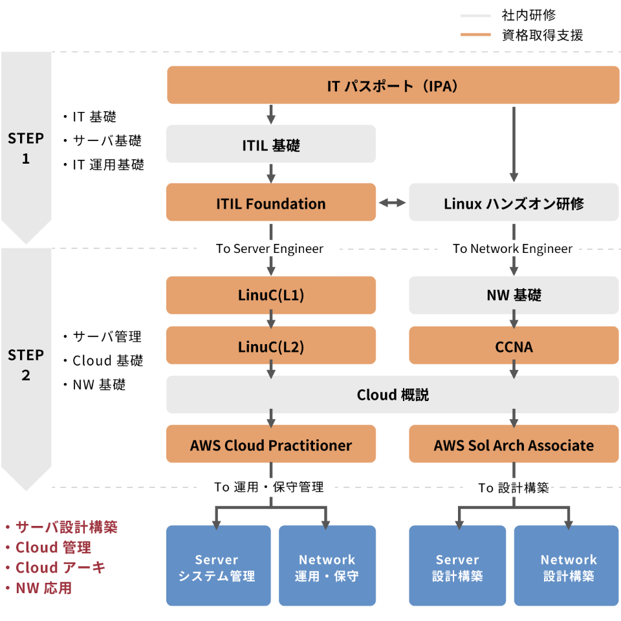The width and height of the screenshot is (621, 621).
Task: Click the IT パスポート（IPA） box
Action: coord(393,85)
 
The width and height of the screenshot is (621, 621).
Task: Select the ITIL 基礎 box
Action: coord(271,144)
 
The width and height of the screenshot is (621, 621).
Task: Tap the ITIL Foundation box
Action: coord(271,202)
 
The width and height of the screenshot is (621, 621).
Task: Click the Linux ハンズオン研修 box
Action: coord(514,202)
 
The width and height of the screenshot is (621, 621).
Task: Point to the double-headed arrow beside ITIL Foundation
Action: coord(392,203)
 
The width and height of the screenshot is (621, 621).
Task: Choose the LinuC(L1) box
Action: coord(271,295)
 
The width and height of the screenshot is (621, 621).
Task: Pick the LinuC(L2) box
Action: coord(271,346)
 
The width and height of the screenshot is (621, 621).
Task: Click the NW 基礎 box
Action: coord(514,295)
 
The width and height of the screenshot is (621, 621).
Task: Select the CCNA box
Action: coord(514,346)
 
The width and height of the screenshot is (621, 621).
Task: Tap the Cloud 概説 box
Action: coord(393,394)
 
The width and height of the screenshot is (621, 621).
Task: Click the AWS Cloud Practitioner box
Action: coord(271,444)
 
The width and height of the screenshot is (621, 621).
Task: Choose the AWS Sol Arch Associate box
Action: coord(514,444)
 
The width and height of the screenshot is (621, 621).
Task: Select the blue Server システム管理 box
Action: coord(218,567)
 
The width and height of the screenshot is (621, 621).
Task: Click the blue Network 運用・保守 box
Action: coord(327,567)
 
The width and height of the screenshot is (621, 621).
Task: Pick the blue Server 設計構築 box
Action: coord(457,567)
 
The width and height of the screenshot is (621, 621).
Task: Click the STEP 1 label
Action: coord(26,148)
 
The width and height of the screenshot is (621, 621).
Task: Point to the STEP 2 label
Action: coord(26,365)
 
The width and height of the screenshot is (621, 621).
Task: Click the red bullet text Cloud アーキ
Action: coord(60,567)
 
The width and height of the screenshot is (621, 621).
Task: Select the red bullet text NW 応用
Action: coord(44,588)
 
